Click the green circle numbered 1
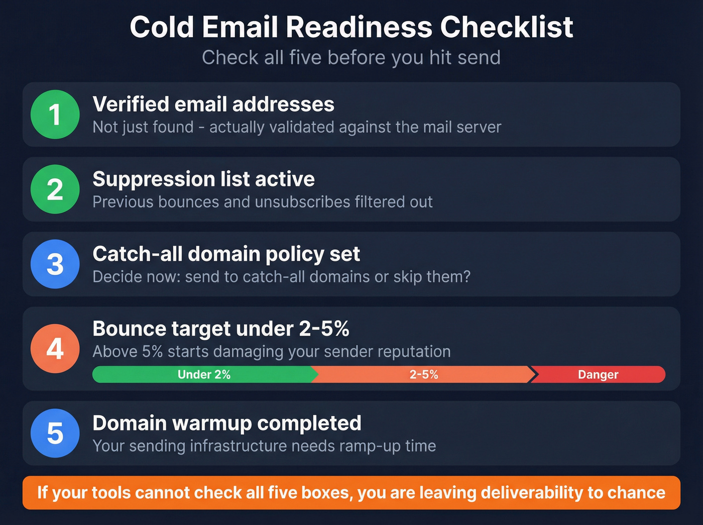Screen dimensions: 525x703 [55, 115]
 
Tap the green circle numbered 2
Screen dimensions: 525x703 [55, 189]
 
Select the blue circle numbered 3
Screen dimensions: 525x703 [55, 264]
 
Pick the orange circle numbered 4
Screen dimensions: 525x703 [55, 349]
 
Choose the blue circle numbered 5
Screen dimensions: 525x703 [55, 433]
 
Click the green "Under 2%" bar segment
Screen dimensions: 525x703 [203, 375]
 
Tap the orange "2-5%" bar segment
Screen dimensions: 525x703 [423, 375]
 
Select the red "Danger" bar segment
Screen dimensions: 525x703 [598, 375]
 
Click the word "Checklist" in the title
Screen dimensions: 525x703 [507, 27]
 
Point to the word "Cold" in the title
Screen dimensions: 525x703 [162, 27]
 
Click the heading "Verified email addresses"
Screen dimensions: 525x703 [213, 104]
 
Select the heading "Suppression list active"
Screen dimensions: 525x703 [203, 179]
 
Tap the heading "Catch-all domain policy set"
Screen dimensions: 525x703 [226, 254]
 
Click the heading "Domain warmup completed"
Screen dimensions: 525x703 [226, 424]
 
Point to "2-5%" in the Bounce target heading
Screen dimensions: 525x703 [324, 329]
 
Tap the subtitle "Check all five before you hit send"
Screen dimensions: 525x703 [351, 58]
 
